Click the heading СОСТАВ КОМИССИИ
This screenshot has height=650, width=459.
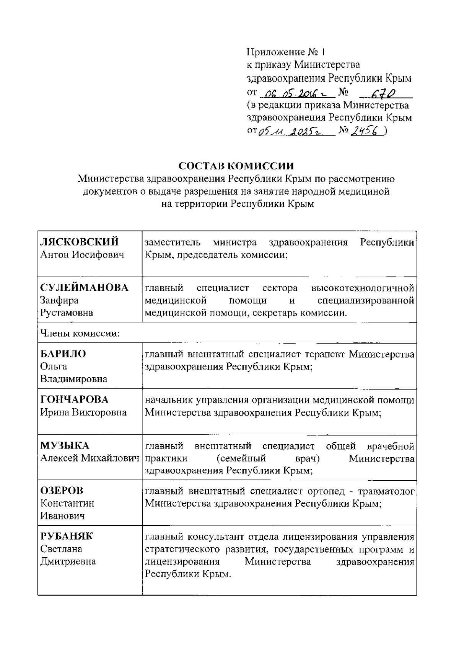click(x=236, y=166)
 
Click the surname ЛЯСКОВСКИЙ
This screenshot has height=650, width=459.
click(x=80, y=242)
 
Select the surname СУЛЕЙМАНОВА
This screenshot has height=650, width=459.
click(x=85, y=288)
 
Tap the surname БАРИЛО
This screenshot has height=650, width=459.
click(x=63, y=354)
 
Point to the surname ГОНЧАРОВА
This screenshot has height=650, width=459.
click(x=75, y=399)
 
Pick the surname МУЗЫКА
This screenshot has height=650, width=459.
click(x=65, y=445)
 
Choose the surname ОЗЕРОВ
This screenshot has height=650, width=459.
click(x=62, y=491)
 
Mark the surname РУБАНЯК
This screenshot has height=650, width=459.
click(x=67, y=536)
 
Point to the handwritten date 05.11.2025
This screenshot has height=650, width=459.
click(x=291, y=132)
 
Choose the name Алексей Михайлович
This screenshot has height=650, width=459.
click(x=90, y=458)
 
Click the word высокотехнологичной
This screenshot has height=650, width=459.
click(x=363, y=288)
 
